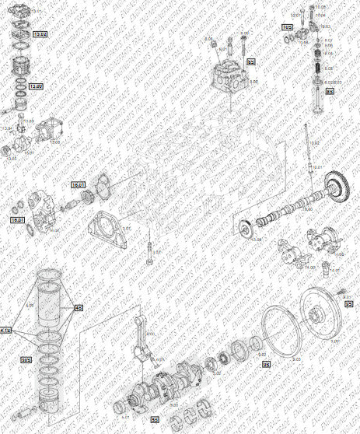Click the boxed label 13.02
coord(38,35)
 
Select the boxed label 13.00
coord(36,86)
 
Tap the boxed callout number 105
coord(287,27)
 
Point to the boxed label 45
coord(79,308)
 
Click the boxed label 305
coord(26,359)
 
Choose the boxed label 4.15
coord(6,331)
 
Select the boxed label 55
coord(155,420)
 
